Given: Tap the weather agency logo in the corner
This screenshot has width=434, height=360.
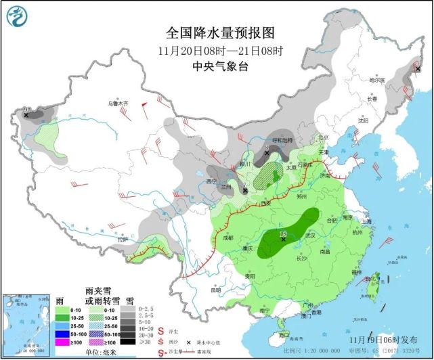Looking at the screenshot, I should [x=20, y=20].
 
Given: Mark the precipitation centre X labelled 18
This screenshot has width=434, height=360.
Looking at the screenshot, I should [x=283, y=238].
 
